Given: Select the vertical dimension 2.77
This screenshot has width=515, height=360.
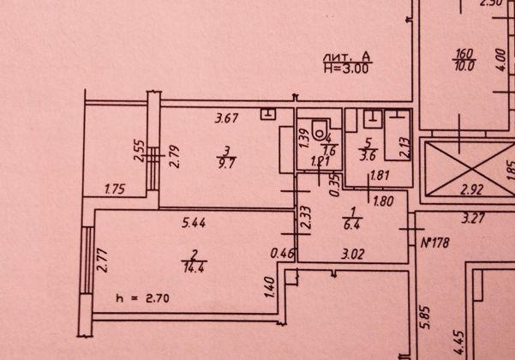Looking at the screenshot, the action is coord(101,260).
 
